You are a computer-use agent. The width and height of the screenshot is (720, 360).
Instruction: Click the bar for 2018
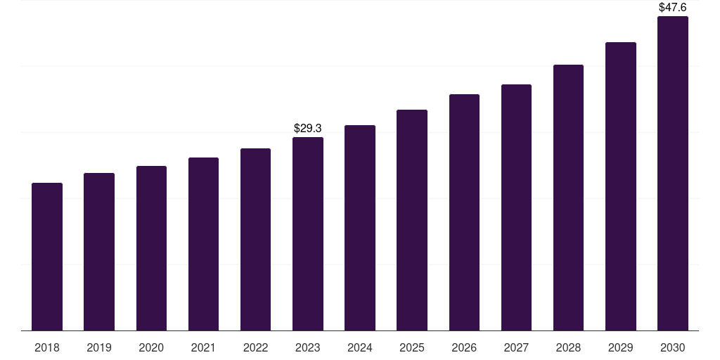[47, 257]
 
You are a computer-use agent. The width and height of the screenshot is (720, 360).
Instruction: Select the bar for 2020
[151, 248]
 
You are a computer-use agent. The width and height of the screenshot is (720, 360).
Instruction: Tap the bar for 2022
[255, 239]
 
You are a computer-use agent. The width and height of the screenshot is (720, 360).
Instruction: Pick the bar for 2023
[308, 233]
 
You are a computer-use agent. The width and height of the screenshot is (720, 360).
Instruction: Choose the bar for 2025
[412, 220]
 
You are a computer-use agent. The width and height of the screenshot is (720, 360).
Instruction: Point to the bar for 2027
[516, 207]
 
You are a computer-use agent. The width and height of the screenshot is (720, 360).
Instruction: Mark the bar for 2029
[620, 186]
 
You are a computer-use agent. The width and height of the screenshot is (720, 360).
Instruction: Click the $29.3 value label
[308, 128]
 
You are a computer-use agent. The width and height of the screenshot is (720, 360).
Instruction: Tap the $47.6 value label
[673, 7]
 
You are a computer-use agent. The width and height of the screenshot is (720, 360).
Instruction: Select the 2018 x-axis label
[47, 347]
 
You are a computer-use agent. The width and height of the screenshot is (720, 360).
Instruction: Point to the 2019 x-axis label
[99, 347]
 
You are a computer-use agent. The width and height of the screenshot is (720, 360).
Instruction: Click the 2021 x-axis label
[203, 347]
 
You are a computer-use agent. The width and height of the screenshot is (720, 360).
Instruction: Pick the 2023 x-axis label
[308, 347]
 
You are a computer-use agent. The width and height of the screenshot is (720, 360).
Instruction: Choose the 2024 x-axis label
[360, 347]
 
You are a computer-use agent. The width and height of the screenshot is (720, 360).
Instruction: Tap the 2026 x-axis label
[464, 347]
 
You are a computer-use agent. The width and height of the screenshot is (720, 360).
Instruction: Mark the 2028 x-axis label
[568, 347]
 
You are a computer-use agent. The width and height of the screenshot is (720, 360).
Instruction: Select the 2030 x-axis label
[673, 347]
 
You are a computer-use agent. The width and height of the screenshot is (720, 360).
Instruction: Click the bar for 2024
[360, 228]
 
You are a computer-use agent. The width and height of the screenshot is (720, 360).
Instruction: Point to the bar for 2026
[464, 212]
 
